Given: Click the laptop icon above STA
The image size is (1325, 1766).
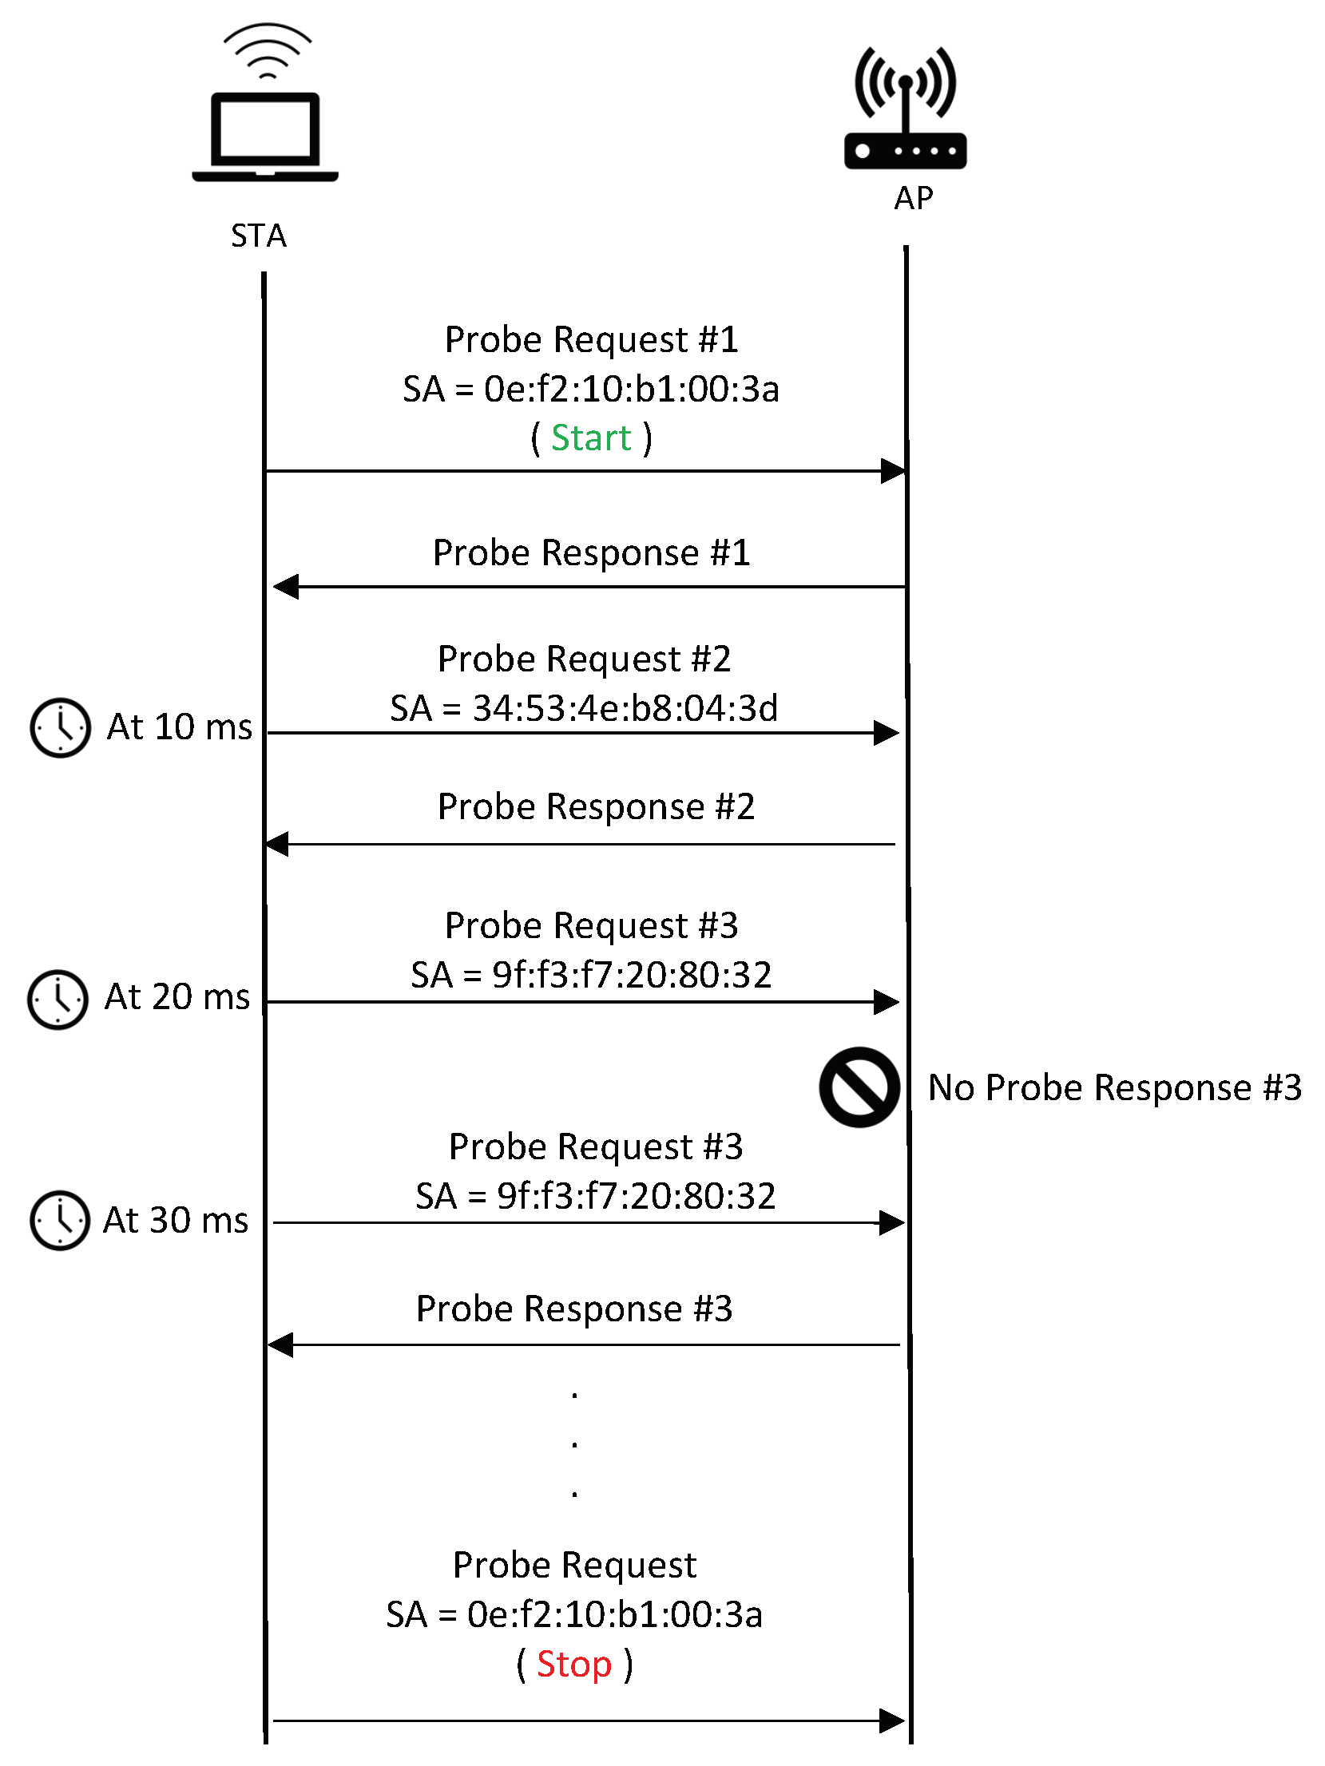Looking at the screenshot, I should [x=265, y=136].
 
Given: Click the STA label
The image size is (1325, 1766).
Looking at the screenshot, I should [x=258, y=236].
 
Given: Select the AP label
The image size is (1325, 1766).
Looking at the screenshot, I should [x=913, y=199].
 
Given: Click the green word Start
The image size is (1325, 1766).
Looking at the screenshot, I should [x=591, y=438].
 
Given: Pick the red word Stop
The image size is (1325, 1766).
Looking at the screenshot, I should [x=573, y=1665].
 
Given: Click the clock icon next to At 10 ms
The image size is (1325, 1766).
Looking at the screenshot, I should [x=60, y=727].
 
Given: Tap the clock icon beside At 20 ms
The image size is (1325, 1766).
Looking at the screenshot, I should [x=58, y=999].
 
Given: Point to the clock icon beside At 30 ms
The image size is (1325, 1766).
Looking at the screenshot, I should [x=60, y=1220].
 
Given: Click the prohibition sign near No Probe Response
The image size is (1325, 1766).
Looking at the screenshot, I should [x=859, y=1087].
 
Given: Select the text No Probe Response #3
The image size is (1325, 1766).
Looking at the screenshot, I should [x=1114, y=1087].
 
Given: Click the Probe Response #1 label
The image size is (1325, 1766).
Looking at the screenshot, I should [x=591, y=552].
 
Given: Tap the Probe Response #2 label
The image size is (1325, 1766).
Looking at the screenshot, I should [x=596, y=806].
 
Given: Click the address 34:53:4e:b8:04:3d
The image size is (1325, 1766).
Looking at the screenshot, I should [x=625, y=708].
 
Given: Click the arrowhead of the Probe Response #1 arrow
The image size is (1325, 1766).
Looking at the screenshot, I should [x=285, y=587].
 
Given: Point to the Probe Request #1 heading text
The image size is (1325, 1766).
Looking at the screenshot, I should [x=591, y=339].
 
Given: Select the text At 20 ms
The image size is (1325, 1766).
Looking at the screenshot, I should [x=177, y=997].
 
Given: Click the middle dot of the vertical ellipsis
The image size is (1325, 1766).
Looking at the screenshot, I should [x=574, y=1444].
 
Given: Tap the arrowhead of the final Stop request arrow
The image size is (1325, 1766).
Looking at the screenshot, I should [x=891, y=1720].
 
